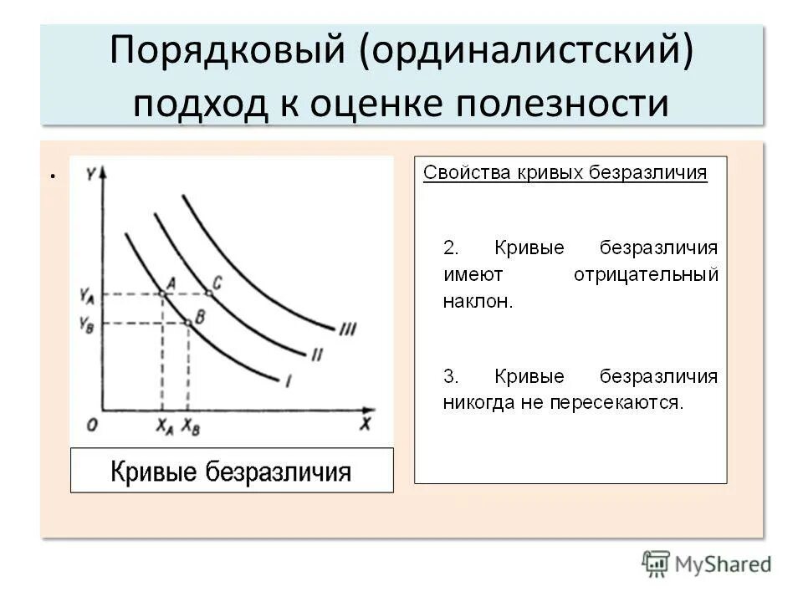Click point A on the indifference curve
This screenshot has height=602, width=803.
coord(162,293)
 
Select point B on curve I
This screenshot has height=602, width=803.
coord(187,323)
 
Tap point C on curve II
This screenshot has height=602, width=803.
coord(209,293)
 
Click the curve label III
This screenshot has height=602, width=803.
coord(347,329)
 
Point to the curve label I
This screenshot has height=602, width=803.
coord(288,381)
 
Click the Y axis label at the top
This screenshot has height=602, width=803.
coord(91,173)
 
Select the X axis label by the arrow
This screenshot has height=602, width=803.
coord(365,424)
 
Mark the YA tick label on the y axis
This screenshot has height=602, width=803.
coord(87,294)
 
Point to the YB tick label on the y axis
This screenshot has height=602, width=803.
coord(87,324)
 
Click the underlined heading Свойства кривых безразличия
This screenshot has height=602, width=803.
coord(565,173)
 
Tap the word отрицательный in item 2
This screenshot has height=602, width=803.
coord(646,274)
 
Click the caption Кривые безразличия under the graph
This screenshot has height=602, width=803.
coord(231,472)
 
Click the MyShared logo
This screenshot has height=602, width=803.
coord(707,564)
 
